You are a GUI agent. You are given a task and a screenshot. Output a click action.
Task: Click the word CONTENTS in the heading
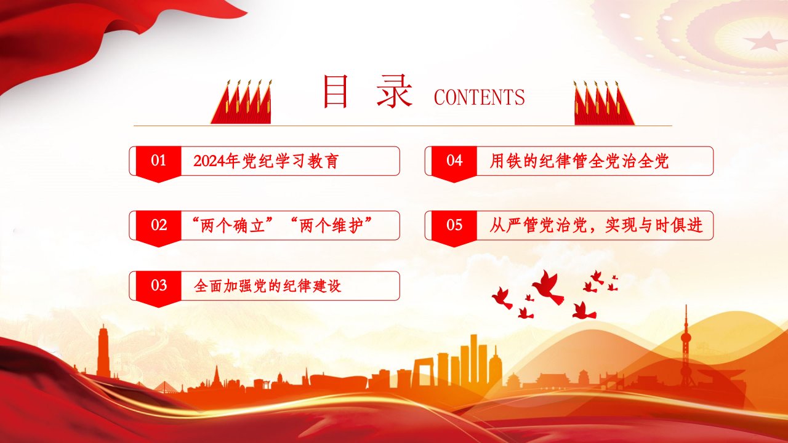pyautogui.click(x=479, y=97)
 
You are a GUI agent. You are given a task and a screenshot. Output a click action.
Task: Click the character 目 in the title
pyautogui.click(x=336, y=92)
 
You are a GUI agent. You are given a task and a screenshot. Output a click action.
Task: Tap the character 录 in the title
pyautogui.click(x=395, y=92)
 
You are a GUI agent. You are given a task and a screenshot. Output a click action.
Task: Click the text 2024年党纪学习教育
pyautogui.click(x=267, y=161)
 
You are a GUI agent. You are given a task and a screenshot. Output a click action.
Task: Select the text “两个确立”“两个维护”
pyautogui.click(x=283, y=225)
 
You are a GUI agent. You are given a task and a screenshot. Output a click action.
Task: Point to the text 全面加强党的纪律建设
pyautogui.click(x=267, y=286)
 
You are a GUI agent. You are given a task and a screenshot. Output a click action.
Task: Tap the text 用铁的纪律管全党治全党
pyautogui.click(x=579, y=161)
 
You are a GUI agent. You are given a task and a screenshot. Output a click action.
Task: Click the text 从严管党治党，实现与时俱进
pyautogui.click(x=597, y=225)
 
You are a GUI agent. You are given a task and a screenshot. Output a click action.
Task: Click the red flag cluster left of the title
pyautogui.click(x=242, y=102)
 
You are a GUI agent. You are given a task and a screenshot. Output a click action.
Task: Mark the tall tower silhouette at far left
pyautogui.click(x=103, y=351)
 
